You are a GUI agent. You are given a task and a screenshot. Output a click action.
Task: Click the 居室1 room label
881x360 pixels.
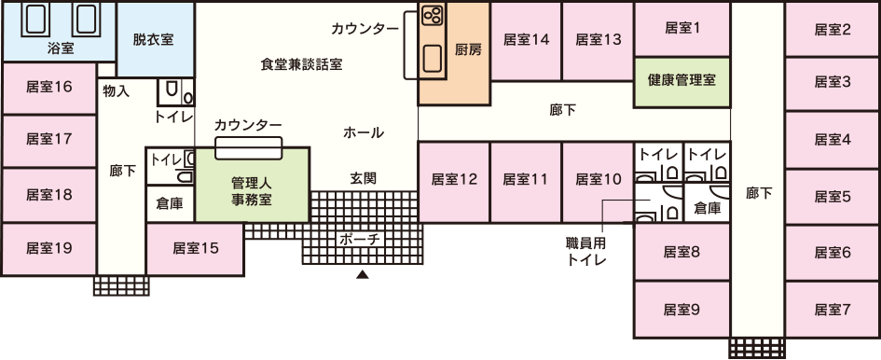click(683, 28)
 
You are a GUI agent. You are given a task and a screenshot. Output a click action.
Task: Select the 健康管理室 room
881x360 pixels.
click(681, 80)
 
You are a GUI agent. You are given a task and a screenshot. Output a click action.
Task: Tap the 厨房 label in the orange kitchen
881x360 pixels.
click(468, 50)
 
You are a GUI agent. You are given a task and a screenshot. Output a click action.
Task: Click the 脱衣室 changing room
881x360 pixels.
click(153, 40)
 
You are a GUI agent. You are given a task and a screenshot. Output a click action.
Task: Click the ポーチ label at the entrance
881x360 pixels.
click(360, 239)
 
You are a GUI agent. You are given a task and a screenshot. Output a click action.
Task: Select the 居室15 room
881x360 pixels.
click(195, 248)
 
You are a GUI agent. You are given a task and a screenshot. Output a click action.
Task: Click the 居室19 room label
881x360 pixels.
click(48, 248)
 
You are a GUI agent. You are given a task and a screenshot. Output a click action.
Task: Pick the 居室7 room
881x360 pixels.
click(833, 309)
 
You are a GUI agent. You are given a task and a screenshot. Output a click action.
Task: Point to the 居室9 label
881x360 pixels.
click(681, 309)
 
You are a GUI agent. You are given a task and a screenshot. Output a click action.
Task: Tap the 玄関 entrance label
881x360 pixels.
click(363, 177)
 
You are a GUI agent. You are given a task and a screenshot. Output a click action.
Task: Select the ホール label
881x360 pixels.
click(364, 132)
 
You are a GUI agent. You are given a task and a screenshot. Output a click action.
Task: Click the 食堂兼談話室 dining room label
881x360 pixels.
click(301, 65)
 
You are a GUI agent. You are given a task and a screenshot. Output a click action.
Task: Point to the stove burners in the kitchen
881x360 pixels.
click(432, 16)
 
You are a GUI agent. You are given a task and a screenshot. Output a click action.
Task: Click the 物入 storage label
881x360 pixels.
click(117, 90)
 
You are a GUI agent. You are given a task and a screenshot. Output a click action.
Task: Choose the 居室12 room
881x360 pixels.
click(454, 178)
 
